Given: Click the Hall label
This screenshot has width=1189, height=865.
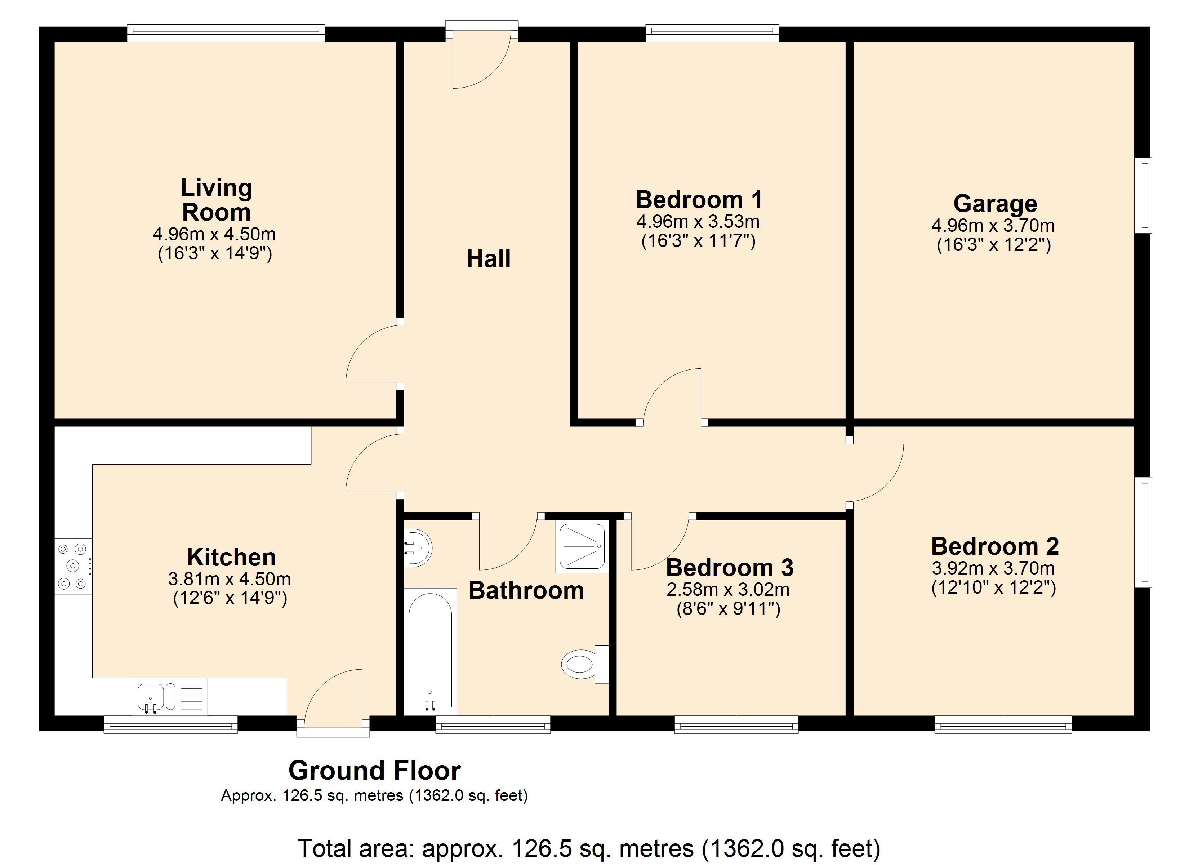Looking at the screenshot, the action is point(489,259).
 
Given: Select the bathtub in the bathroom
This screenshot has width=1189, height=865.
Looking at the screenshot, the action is point(430,652).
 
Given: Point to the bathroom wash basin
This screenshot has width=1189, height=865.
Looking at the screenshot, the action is point(418,547).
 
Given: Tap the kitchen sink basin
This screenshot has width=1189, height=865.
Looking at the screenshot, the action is point(151,697).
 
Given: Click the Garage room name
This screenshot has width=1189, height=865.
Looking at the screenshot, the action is point(995,204).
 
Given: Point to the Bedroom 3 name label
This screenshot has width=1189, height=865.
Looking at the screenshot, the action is point(730,568).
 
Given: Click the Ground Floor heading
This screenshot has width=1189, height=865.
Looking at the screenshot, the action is point(375,771).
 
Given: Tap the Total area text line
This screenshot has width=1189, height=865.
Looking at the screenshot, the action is point(589,848).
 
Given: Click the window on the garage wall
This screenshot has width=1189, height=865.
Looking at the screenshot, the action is point(1143,195).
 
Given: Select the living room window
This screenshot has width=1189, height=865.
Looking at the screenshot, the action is point(226,34).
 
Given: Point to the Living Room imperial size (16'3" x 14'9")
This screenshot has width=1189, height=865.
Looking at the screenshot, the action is point(215,254).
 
